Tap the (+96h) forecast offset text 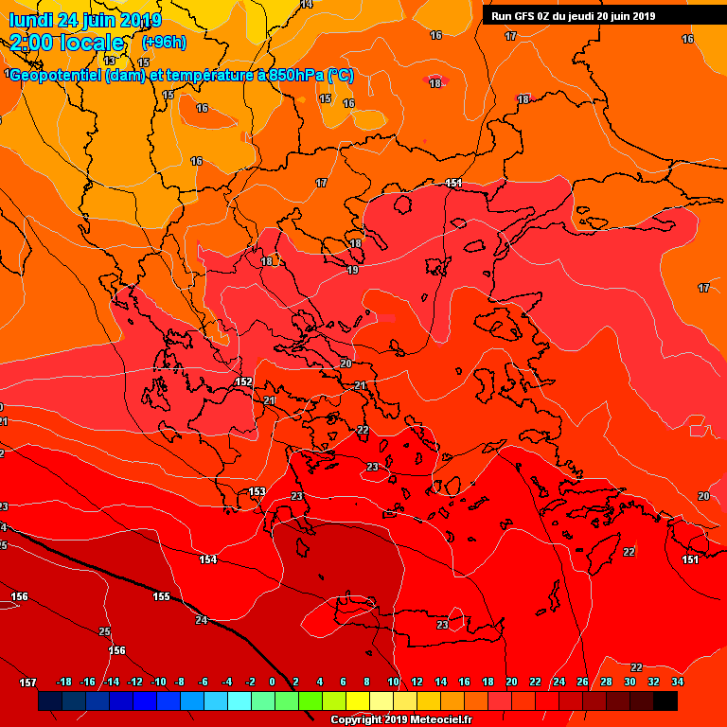163,43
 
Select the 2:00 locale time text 66,44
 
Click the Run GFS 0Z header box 573,16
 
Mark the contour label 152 243,381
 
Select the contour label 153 257,491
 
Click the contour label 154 207,559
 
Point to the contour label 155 162,596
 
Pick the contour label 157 27,683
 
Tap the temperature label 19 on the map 352,271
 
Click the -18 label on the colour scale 64,683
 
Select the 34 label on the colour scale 677,683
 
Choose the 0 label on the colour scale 272,683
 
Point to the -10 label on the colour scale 158,683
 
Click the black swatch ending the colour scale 665,701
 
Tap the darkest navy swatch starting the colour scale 49,701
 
